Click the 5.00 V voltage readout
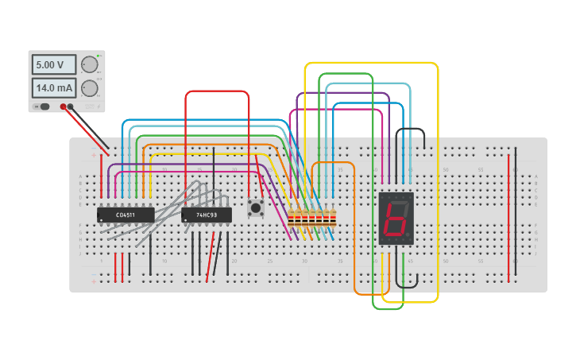tap(53, 64)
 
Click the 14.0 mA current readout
tap(53, 87)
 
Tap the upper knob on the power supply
tap(89, 64)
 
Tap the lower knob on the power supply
tap(89, 87)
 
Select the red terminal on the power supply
tap(63, 106)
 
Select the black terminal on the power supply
tap(71, 106)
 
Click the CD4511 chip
tap(126, 215)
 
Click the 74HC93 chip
tap(206, 215)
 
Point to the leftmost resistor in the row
tap(291, 217)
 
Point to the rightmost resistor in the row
tap(333, 217)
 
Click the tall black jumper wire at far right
tap(516, 215)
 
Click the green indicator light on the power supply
tap(97, 56)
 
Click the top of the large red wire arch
tap(217, 91)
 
